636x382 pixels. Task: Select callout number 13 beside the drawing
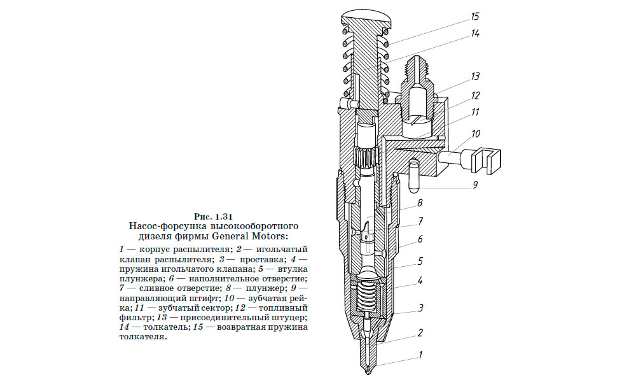tap(474, 76)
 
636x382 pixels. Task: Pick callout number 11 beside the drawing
tap(474, 113)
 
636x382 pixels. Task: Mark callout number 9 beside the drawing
tap(474, 186)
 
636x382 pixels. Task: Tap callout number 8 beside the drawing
tap(420, 204)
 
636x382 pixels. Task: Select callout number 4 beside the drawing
tap(420, 280)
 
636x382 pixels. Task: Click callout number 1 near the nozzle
tap(420, 355)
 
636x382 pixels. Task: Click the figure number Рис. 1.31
tap(214, 215)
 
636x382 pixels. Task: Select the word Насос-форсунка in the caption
tap(163, 225)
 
